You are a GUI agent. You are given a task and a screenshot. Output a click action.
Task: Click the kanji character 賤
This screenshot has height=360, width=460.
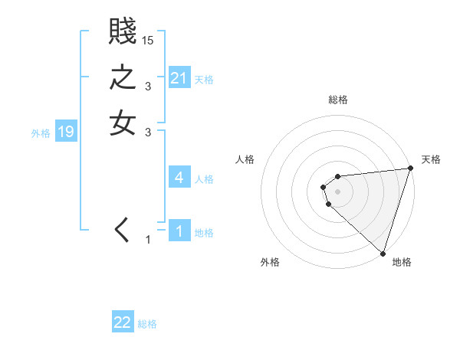(123, 32)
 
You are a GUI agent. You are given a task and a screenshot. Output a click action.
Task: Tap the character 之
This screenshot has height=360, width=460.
(123, 78)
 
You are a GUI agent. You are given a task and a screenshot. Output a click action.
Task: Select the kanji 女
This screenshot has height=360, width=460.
(123, 123)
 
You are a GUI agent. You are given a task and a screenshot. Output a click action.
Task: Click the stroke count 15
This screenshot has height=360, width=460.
(148, 41)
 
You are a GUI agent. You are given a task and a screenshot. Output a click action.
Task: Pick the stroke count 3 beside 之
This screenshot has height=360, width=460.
(148, 87)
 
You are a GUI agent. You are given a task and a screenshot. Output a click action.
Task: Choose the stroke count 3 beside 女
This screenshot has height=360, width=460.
(148, 133)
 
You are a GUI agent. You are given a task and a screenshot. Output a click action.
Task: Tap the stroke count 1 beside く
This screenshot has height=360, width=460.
(148, 241)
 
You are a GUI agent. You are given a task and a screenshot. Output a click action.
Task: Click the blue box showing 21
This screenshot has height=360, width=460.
(179, 77)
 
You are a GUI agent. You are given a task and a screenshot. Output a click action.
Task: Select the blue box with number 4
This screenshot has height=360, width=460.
(179, 178)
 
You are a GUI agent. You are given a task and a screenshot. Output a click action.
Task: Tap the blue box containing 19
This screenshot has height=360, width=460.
(66, 132)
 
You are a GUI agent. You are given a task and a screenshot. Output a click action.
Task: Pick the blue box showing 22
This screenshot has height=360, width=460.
(123, 322)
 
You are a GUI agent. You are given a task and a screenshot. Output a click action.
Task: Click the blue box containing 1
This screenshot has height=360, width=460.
(179, 231)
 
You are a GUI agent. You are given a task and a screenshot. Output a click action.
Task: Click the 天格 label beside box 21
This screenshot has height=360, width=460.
(204, 79)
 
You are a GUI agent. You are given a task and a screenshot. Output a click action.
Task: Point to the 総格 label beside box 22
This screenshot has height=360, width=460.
(147, 324)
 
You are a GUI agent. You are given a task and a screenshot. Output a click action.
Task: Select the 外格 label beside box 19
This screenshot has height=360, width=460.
(41, 133)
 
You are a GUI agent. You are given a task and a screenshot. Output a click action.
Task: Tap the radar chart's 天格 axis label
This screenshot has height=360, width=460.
(431, 159)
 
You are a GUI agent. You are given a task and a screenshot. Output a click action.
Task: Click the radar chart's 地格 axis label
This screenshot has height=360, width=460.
(402, 262)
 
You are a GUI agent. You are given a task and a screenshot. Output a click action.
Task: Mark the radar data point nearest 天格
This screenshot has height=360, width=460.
(410, 169)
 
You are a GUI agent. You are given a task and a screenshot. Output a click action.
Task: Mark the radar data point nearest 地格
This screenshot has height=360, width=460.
(383, 253)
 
